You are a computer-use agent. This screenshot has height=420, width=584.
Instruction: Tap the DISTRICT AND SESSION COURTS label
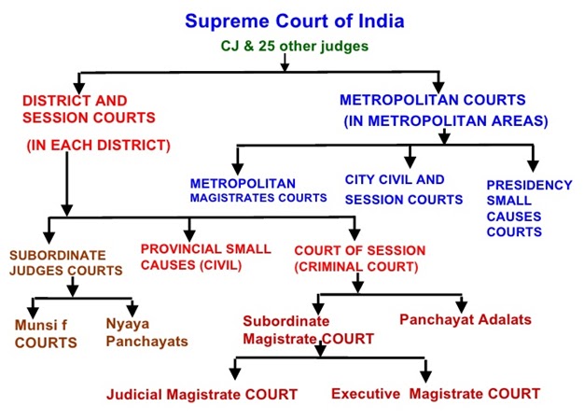pyautogui.click(x=74, y=108)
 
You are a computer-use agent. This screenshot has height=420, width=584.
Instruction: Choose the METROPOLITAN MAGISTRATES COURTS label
pyautogui.click(x=258, y=190)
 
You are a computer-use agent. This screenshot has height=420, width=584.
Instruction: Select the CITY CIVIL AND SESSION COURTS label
pyautogui.click(x=403, y=189)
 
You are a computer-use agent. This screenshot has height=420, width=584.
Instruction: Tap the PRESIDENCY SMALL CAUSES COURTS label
pyautogui.click(x=529, y=207)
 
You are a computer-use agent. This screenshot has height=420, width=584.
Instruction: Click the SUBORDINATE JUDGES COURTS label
pyautogui.click(x=65, y=261)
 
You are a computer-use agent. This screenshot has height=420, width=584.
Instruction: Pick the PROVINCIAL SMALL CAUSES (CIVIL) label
pyautogui.click(x=205, y=257)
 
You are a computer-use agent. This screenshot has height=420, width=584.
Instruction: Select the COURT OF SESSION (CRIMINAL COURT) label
pyautogui.click(x=359, y=259)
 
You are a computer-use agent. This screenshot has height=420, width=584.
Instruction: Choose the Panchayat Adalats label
pyautogui.click(x=466, y=319)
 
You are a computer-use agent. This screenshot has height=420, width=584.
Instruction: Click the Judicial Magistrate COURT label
pyautogui.click(x=202, y=394)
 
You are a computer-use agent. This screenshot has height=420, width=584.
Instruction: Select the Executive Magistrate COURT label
pyautogui.click(x=436, y=394)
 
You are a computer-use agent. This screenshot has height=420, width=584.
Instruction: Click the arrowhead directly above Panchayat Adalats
pyautogui.click(x=460, y=305)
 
